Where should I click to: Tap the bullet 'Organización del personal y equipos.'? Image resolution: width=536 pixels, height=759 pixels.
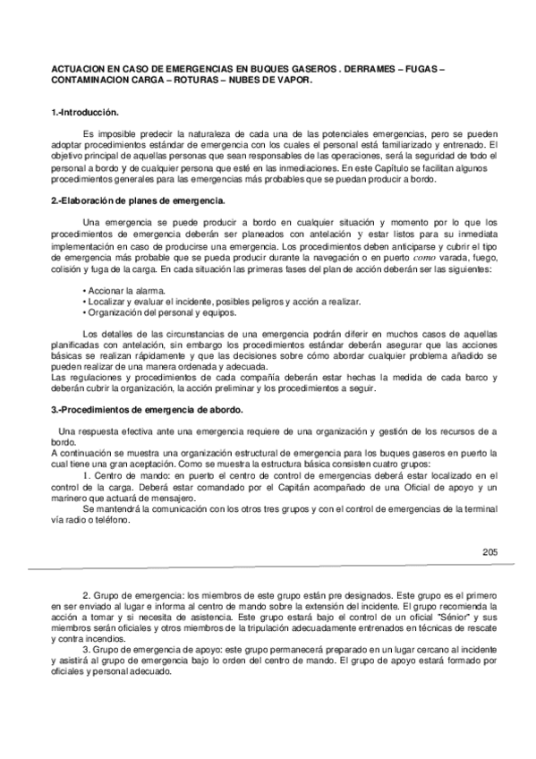tap(160, 314)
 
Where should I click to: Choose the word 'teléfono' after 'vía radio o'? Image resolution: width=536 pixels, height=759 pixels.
tap(112, 521)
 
